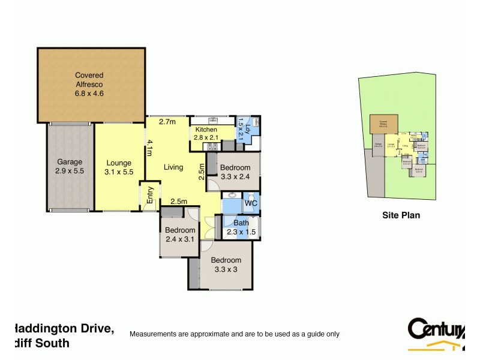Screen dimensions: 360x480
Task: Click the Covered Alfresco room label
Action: pyautogui.click(x=89, y=84)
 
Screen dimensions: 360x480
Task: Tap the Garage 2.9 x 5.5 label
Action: pyautogui.click(x=69, y=166)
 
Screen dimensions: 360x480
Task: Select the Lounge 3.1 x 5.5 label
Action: pyautogui.click(x=119, y=167)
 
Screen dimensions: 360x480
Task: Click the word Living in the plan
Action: pyautogui.click(x=174, y=167)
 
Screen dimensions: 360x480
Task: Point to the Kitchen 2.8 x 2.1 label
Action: pyautogui.click(x=206, y=134)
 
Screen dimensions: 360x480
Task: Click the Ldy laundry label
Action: pyautogui.click(x=242, y=127)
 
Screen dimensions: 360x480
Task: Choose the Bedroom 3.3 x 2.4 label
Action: pyautogui.click(x=234, y=172)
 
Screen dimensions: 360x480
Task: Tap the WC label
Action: pyautogui.click(x=251, y=204)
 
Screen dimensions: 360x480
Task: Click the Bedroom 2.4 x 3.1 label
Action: pyautogui.click(x=181, y=235)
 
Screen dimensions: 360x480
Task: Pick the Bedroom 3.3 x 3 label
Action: pyautogui.click(x=226, y=265)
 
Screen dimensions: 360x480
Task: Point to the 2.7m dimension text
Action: pyautogui.click(x=167, y=122)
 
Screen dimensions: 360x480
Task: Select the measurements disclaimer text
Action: pyautogui.click(x=235, y=334)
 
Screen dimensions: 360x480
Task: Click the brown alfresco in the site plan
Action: pyautogui.click(x=383, y=124)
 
